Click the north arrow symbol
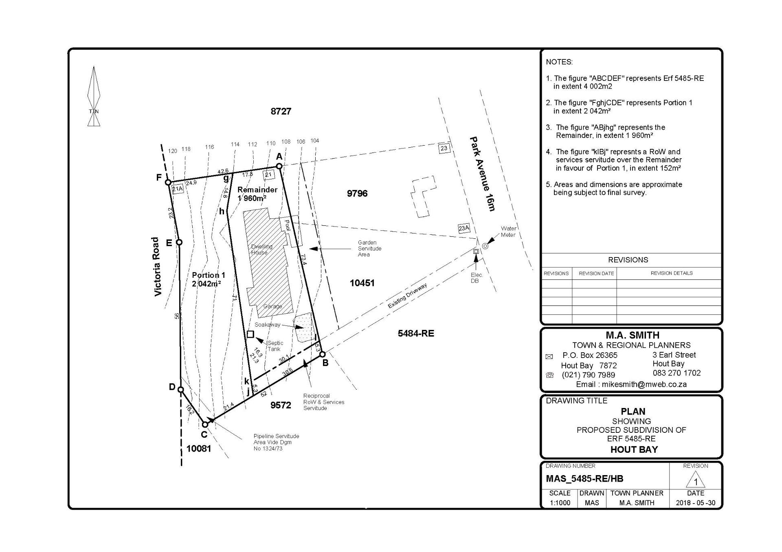click(x=94, y=96)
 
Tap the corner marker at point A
click(x=279, y=166)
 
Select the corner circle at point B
click(x=322, y=354)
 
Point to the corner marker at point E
click(x=179, y=242)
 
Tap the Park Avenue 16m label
click(x=482, y=174)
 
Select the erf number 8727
click(x=281, y=111)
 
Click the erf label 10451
click(x=362, y=283)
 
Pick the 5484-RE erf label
click(x=416, y=334)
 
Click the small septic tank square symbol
click(x=250, y=334)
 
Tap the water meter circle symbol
click(x=485, y=246)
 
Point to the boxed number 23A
click(x=464, y=228)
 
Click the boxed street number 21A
click(x=178, y=189)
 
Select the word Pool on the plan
click(x=287, y=225)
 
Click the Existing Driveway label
click(x=407, y=296)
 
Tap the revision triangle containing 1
click(x=695, y=480)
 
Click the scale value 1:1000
click(x=560, y=503)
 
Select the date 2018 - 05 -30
click(x=696, y=503)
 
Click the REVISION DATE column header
click(x=596, y=273)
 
